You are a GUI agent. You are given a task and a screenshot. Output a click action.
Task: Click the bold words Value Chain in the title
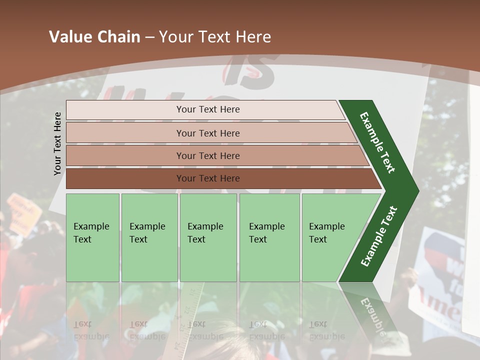pos(94,37)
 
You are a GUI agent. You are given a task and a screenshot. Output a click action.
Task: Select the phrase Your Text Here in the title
pos(215,37)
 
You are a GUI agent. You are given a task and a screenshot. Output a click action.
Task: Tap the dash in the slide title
pos(149,37)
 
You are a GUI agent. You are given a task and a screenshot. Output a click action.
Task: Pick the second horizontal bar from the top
pos(208,133)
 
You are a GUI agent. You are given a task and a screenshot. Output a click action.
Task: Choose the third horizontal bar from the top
pos(208,155)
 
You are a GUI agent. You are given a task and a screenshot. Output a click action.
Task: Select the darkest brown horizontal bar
pos(208,178)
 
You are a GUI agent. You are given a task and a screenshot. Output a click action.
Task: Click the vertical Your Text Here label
pos(57,143)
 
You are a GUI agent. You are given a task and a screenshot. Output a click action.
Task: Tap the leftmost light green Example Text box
pos(92,237)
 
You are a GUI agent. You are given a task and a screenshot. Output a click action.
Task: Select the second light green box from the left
pos(149,237)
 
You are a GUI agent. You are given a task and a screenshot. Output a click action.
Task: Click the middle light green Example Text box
pos(208,237)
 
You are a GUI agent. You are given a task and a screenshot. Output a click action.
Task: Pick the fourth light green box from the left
pos(269,237)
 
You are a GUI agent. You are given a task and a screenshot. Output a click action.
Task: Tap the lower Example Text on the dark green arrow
pos(379,236)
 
